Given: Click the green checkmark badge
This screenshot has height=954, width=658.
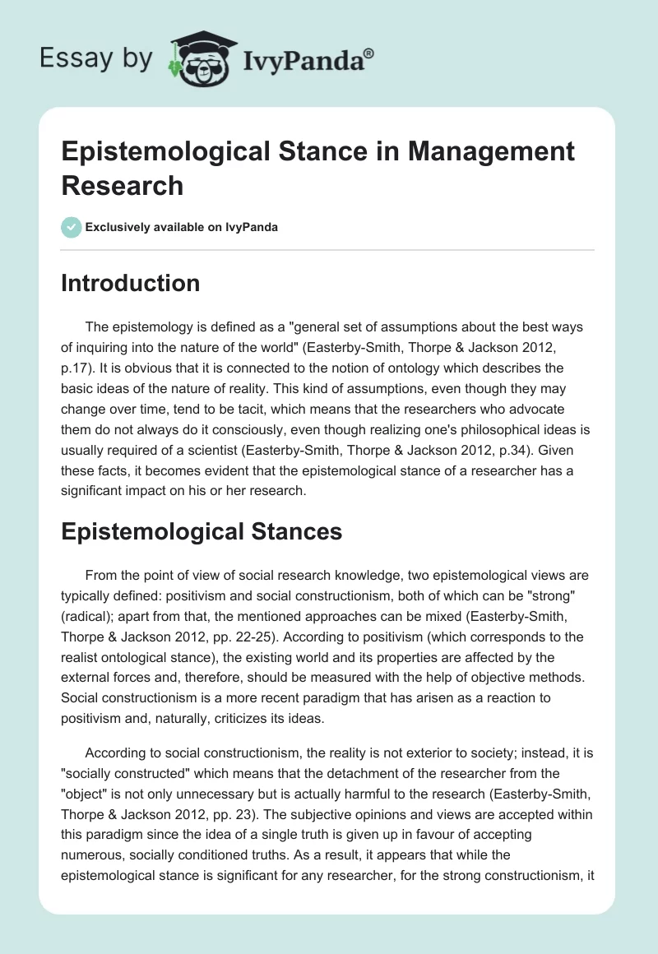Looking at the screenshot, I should click(71, 227).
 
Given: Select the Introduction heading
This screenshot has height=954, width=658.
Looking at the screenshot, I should click(131, 283).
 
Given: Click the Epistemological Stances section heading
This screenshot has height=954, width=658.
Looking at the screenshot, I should click(202, 531).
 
